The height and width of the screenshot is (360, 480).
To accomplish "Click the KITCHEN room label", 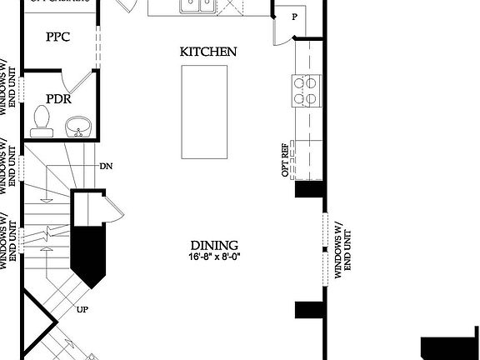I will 208,52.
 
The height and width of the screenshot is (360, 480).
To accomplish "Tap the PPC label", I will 57,37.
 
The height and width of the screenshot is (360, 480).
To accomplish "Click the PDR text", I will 57,99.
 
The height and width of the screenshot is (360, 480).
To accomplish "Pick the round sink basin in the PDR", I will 77,128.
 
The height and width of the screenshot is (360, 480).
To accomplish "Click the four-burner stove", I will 305,90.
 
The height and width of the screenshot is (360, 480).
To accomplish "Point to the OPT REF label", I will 285,163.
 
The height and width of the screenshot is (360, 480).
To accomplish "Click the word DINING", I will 214,245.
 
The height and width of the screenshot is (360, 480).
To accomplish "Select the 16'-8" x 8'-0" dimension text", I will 214,257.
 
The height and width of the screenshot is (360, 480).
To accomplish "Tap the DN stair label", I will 106,166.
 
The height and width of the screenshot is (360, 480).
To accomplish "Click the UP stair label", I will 82,310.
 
